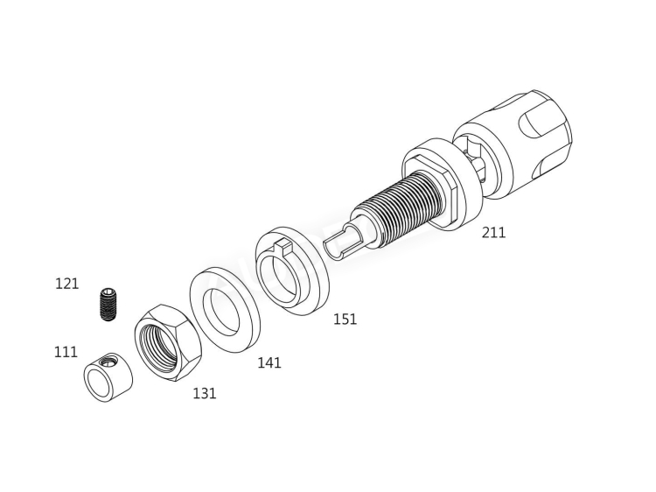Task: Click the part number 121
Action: click(x=66, y=284)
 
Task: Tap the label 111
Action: click(x=66, y=351)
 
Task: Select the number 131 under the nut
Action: click(x=204, y=393)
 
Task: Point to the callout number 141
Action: click(x=269, y=362)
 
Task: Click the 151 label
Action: click(x=345, y=319)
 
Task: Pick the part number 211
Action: click(x=493, y=233)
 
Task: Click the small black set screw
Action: click(x=108, y=304)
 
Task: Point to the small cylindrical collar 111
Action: click(x=106, y=375)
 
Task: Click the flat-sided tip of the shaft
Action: click(x=343, y=242)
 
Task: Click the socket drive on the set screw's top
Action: click(x=108, y=292)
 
